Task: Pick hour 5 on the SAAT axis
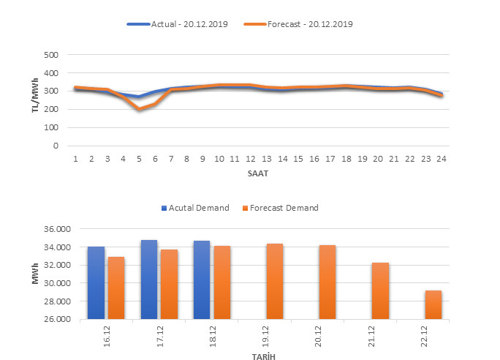[x=139, y=158]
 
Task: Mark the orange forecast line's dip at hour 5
[x=139, y=109]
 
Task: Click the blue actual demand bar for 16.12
[x=96, y=282]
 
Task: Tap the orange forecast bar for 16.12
[x=117, y=288]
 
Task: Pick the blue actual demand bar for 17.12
[x=149, y=280]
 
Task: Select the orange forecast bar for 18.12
[x=221, y=282]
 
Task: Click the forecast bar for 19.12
[x=274, y=281]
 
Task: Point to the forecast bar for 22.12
[x=433, y=304]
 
